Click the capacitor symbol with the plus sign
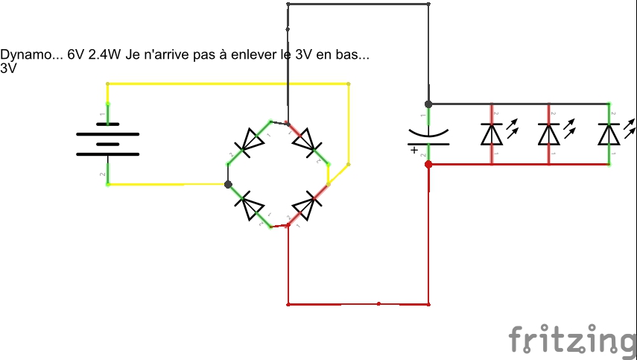(428, 134)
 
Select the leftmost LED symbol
(491, 133)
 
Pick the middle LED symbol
(549, 133)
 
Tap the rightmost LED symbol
(609, 133)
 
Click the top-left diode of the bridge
(250, 139)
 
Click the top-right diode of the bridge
(306, 140)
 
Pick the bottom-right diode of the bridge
(306, 205)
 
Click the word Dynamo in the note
(22, 56)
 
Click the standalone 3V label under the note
(8, 68)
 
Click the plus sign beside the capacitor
(413, 149)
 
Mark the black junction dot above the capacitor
(428, 104)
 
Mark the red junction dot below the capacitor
(428, 164)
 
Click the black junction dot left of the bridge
(228, 184)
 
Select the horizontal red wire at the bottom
(358, 304)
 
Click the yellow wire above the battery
(224, 83)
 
